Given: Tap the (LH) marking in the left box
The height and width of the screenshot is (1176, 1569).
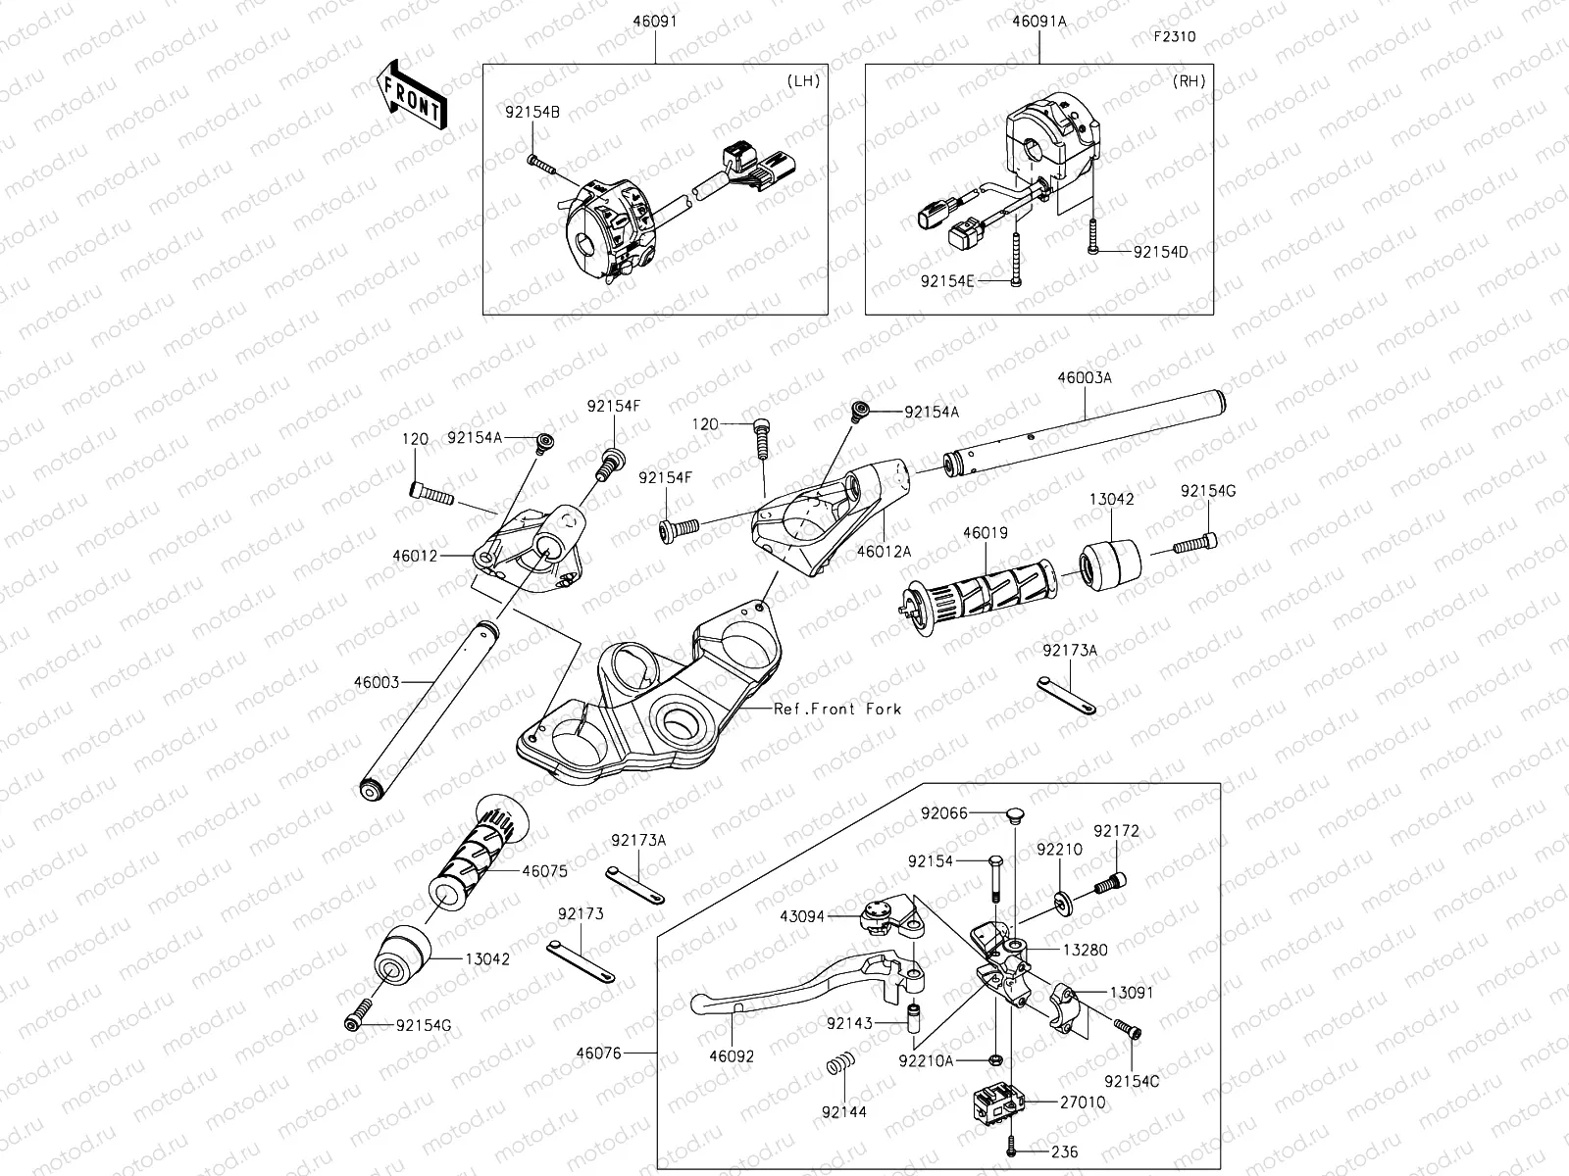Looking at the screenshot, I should click(x=803, y=81).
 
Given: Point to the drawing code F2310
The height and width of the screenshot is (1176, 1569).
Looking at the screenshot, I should click(x=1174, y=37).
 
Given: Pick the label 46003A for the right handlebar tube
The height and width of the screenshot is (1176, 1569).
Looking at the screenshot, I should click(x=1085, y=377).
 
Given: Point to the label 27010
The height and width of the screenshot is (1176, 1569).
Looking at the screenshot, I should click(x=1083, y=1102).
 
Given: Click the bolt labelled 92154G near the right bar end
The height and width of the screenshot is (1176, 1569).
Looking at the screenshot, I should click(x=1196, y=540).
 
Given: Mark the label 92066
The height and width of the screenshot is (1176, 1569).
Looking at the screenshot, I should click(x=943, y=812).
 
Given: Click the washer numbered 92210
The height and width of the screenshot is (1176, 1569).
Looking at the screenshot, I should click(x=1066, y=899).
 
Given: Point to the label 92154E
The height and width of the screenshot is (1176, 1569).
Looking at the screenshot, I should click(x=947, y=281).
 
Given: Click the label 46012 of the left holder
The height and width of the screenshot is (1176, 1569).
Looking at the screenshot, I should click(x=416, y=555).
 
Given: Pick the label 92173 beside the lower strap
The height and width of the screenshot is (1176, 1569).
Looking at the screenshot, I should click(x=581, y=914).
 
